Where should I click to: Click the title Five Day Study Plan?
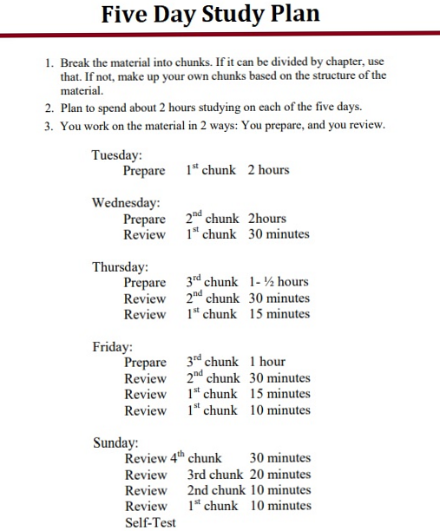tap(210, 14)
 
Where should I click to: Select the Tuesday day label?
tap(117, 154)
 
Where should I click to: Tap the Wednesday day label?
tap(127, 202)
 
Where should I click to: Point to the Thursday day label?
tap(121, 266)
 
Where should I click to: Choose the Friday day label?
tap(112, 346)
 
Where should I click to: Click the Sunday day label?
tap(115, 442)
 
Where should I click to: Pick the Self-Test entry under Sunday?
tap(150, 522)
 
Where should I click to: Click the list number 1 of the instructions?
tap(49, 63)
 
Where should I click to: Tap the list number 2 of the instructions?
tap(49, 108)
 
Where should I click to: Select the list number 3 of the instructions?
tap(49, 126)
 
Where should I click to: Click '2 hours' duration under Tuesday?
tap(268, 170)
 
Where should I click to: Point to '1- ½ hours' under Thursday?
tap(278, 282)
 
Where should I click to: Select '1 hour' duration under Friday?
tap(266, 362)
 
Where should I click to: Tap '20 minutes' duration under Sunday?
tap(280, 475)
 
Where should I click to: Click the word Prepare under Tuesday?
tap(144, 171)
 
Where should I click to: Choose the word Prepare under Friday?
tap(145, 363)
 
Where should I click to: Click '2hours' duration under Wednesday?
tap(266, 219)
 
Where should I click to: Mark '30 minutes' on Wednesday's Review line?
tap(278, 234)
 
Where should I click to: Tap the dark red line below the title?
tap(220, 34)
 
